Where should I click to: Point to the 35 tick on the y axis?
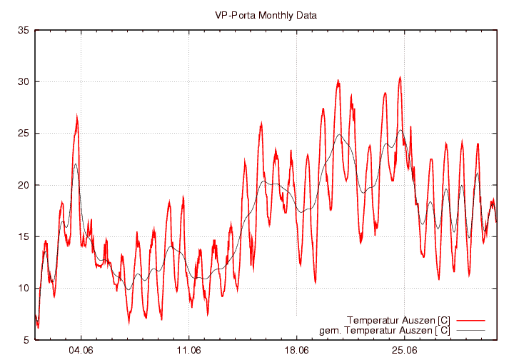23,30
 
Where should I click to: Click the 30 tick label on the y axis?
23,81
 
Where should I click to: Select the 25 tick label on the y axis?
23,134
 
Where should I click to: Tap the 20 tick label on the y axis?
23,185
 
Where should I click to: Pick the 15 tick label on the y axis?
23,236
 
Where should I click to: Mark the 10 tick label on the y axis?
23,289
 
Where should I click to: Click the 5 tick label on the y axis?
26,340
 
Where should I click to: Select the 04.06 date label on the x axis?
81,351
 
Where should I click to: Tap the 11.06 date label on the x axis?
188,351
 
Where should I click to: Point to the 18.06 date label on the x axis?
296,351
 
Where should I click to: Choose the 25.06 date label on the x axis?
404,351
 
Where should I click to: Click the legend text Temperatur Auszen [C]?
398,319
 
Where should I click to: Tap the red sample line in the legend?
471,319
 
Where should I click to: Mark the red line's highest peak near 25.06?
400,77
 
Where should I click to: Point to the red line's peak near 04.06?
76,116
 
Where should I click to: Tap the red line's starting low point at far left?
38,326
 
